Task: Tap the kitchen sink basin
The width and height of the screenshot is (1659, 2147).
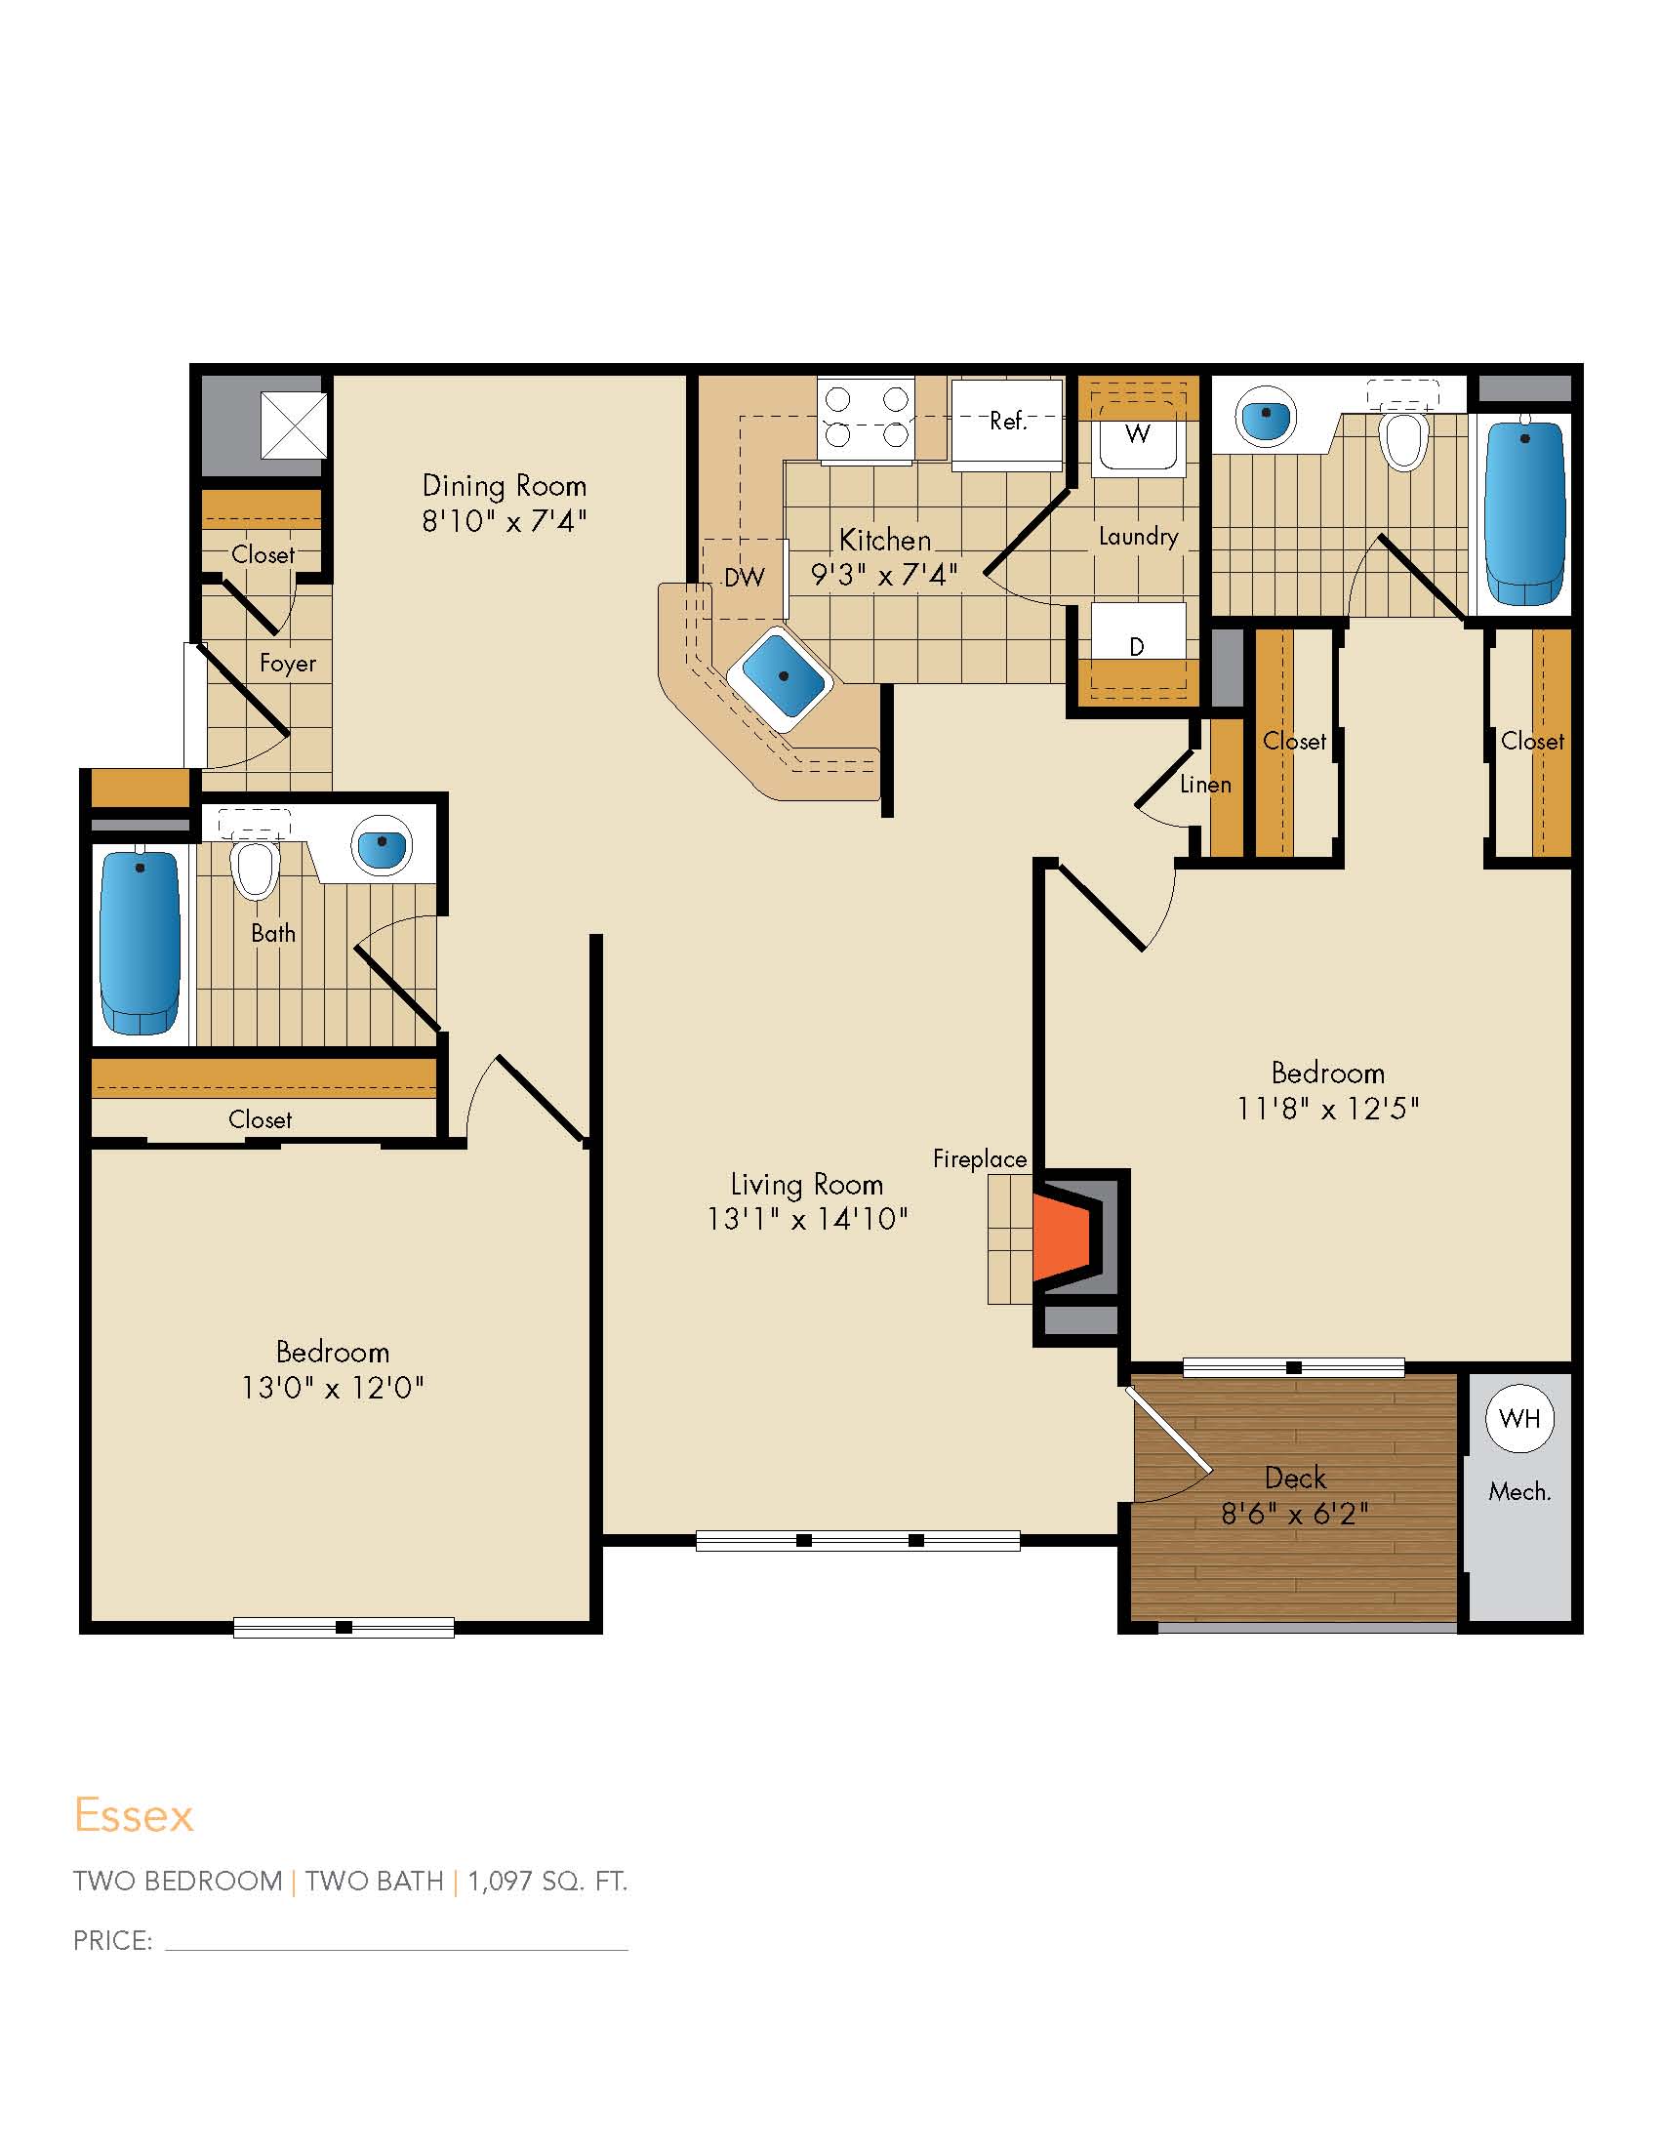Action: click(x=783, y=675)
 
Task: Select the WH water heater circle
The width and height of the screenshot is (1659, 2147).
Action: click(x=1519, y=1419)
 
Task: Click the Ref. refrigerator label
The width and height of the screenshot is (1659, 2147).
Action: click(x=1008, y=421)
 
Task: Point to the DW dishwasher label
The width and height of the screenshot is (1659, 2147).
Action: click(x=744, y=577)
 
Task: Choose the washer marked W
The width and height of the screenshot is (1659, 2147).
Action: click(x=1138, y=438)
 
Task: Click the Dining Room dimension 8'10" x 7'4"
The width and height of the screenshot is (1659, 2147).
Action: click(x=505, y=520)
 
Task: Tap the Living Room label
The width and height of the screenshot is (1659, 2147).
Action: click(x=807, y=1185)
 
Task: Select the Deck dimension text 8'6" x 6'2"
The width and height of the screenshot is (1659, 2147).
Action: click(x=1294, y=1514)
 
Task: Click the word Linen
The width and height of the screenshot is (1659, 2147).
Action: click(x=1206, y=785)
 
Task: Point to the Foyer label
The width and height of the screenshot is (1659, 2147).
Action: click(x=288, y=664)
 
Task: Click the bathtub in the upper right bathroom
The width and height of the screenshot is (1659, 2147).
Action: click(x=1524, y=512)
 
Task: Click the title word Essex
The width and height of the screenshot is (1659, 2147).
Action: click(x=134, y=1816)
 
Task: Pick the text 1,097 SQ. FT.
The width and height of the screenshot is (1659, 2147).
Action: click(x=547, y=1882)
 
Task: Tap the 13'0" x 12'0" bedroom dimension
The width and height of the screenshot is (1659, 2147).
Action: click(x=332, y=1387)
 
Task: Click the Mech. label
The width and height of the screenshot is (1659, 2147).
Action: click(x=1519, y=1491)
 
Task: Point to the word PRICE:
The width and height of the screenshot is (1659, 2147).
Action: click(x=113, y=1940)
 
